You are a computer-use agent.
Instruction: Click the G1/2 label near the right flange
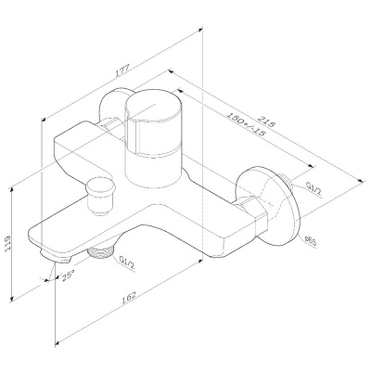tap(313, 189)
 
